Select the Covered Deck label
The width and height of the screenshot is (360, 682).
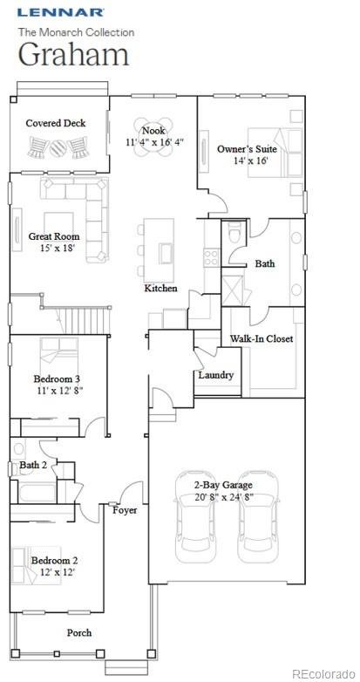click(56, 123)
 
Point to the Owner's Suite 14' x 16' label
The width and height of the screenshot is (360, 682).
click(247, 154)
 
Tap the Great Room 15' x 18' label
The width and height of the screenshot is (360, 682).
click(54, 242)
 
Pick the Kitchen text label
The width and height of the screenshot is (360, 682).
click(161, 288)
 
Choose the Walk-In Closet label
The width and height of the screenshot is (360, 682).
click(262, 338)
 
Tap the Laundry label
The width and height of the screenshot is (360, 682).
click(215, 375)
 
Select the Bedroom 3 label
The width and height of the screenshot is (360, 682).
click(58, 385)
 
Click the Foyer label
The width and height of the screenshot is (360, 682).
click(125, 510)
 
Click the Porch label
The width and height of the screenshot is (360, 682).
click(79, 632)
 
